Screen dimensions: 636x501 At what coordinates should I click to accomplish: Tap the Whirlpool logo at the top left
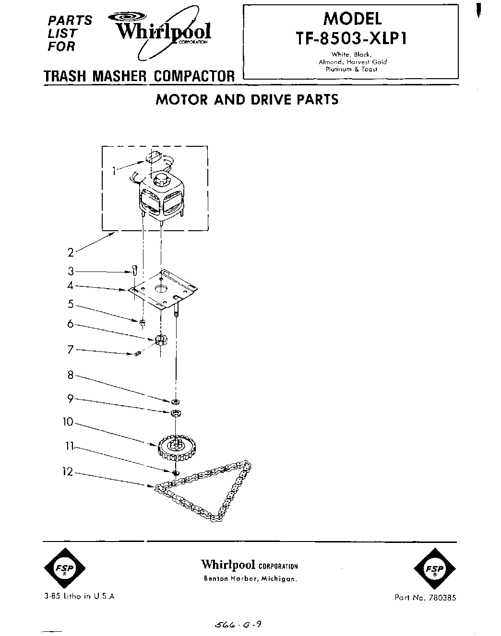click(x=163, y=32)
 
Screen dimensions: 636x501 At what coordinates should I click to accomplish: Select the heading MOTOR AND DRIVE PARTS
click(x=247, y=99)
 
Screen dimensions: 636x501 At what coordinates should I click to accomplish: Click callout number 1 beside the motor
click(x=114, y=171)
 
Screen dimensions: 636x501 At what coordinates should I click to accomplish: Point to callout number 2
click(x=71, y=252)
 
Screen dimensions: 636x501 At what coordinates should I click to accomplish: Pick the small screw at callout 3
click(x=134, y=271)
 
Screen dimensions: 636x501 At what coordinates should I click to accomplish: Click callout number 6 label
click(x=71, y=324)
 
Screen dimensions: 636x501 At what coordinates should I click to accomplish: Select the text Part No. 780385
click(x=425, y=598)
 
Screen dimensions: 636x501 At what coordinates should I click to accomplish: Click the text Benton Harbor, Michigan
click(x=250, y=579)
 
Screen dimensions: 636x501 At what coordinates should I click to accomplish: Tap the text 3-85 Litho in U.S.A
click(x=79, y=596)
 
